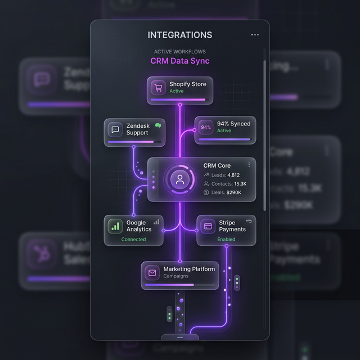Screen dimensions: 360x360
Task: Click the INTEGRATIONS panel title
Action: (180, 35)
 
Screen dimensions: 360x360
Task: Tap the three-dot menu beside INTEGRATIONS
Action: (255, 35)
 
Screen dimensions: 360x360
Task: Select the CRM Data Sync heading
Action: (180, 61)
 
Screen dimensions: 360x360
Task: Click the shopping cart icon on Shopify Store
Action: (158, 87)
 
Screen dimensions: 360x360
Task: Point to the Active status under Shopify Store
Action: (177, 91)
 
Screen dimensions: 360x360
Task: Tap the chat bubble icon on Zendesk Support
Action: (115, 129)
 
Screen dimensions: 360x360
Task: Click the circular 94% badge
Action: (206, 127)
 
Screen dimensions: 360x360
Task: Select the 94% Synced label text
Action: (233, 124)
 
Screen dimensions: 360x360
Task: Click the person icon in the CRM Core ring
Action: (180, 180)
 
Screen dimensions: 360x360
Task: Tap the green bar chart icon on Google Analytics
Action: (115, 226)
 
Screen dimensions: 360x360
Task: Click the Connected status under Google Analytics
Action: (133, 239)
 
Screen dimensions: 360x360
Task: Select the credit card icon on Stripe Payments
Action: (208, 226)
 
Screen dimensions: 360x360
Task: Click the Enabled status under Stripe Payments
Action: (227, 239)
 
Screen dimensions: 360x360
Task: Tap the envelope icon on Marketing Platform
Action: (152, 273)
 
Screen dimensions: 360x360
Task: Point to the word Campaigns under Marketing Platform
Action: (175, 276)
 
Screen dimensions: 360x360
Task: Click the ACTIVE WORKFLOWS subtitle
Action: (180, 52)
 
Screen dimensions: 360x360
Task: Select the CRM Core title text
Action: (217, 166)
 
